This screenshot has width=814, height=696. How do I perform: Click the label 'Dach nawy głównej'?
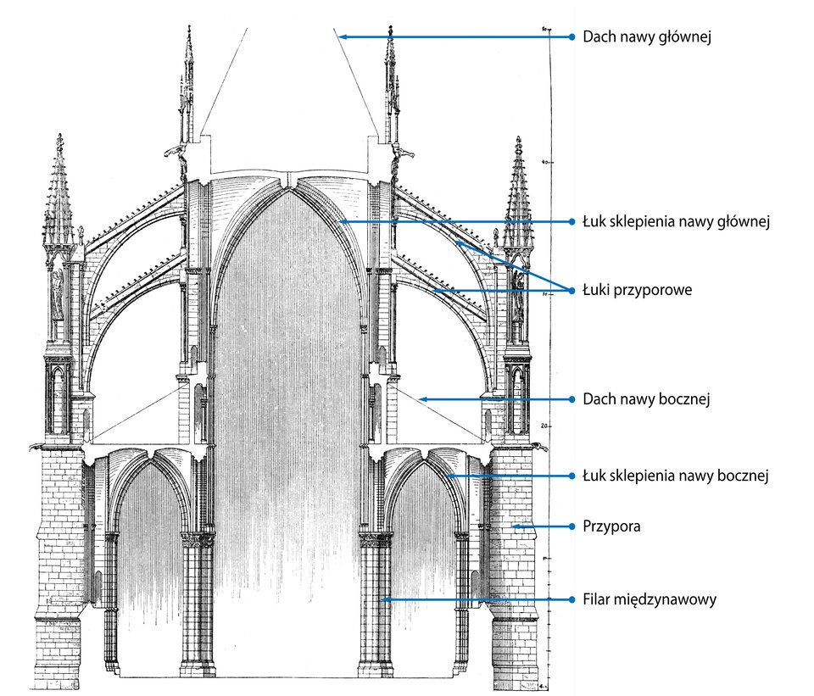coord(645,37)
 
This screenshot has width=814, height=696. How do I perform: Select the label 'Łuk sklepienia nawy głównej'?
coord(675,222)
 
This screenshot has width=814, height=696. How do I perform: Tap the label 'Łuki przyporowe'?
coord(638,290)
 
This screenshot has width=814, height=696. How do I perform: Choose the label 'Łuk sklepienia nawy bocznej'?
coord(675,476)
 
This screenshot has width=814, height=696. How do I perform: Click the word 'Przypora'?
coord(611,526)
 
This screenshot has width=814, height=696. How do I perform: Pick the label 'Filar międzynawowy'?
coord(650,599)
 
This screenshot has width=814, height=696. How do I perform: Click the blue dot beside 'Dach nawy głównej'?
coord(572,37)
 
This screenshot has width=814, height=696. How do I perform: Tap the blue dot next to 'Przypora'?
coord(572,526)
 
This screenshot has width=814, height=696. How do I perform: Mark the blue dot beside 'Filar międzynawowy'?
coord(572,599)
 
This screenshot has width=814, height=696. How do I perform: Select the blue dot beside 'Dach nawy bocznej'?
coord(572,398)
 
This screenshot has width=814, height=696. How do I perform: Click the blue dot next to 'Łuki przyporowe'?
coord(572,290)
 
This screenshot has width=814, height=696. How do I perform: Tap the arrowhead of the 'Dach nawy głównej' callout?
coord(337,36)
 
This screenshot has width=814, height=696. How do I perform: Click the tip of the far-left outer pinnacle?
coord(59,135)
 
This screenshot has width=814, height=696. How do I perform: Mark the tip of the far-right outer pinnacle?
coord(518,137)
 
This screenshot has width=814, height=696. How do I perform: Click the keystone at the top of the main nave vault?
coord(290,181)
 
